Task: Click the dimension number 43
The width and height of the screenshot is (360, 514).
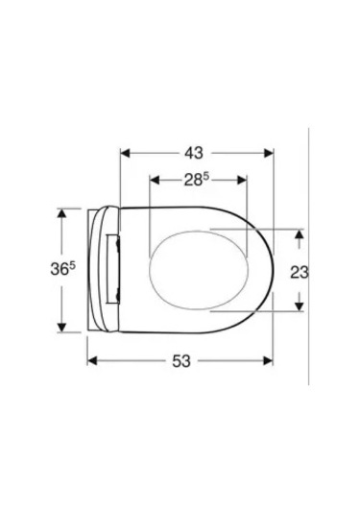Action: coord(195,153)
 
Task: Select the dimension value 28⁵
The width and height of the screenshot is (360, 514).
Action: coord(198,180)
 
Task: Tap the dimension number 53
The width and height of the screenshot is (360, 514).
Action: coord(181,360)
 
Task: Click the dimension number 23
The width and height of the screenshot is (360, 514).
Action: coord(299,272)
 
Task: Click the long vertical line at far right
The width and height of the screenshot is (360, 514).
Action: coord(308,269)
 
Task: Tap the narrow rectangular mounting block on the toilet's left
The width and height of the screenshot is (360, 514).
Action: coord(114,270)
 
